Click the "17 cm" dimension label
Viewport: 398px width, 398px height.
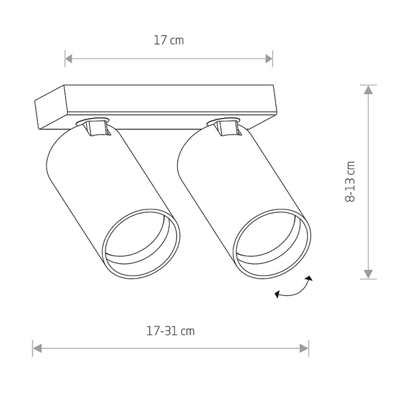[168, 40]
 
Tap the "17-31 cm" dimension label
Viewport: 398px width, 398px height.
[170, 330]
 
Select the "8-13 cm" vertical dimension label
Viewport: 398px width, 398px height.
[351, 181]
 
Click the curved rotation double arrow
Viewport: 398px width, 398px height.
[295, 291]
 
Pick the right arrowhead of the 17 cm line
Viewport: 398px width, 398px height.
[269, 58]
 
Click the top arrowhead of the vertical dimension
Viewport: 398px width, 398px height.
[367, 89]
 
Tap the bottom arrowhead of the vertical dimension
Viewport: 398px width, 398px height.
[367, 274]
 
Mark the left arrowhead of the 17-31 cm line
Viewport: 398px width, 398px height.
[36, 347]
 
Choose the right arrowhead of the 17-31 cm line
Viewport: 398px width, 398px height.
[304, 347]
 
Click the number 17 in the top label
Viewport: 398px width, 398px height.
[160, 40]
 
